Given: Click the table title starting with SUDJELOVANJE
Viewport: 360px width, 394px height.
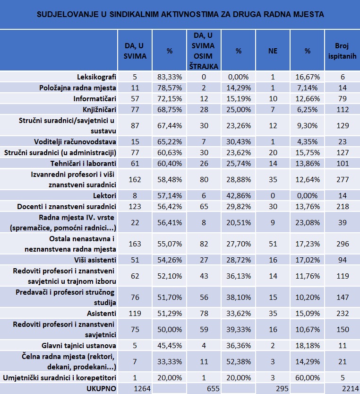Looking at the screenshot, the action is point(180,14).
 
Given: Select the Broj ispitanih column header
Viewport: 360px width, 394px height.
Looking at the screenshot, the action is point(342,51).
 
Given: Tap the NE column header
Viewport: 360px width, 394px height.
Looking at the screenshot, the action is point(273,51).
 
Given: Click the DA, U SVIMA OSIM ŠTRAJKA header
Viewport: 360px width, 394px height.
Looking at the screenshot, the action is point(204,51).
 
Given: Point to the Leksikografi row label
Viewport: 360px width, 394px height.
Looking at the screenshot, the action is point(96,77).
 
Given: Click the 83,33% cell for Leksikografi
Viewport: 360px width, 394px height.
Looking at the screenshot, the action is point(170,77).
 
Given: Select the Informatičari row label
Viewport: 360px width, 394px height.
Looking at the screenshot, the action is point(94,98).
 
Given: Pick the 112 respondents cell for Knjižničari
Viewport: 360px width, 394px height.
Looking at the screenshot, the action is point(343,110).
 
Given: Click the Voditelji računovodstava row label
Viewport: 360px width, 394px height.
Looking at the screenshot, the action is point(75,142).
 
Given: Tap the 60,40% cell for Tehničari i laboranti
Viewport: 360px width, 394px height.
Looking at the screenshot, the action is point(170,164).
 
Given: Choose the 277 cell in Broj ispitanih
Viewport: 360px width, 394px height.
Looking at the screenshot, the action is point(343,180).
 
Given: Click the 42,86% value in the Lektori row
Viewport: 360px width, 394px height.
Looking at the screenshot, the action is point(239,196).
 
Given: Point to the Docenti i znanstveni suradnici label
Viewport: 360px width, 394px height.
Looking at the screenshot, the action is point(67,207).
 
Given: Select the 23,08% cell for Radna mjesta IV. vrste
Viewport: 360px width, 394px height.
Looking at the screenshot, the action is point(308,223).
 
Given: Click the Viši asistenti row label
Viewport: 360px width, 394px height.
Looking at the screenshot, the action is point(95,260).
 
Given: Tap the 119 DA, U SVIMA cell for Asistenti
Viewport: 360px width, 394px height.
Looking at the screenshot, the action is point(135,314).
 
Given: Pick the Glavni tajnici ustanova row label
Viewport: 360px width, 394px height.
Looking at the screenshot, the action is point(79,346).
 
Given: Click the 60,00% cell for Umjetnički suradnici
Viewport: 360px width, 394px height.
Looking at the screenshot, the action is point(308,378).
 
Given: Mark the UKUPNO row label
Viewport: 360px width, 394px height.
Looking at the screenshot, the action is point(101,389).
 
